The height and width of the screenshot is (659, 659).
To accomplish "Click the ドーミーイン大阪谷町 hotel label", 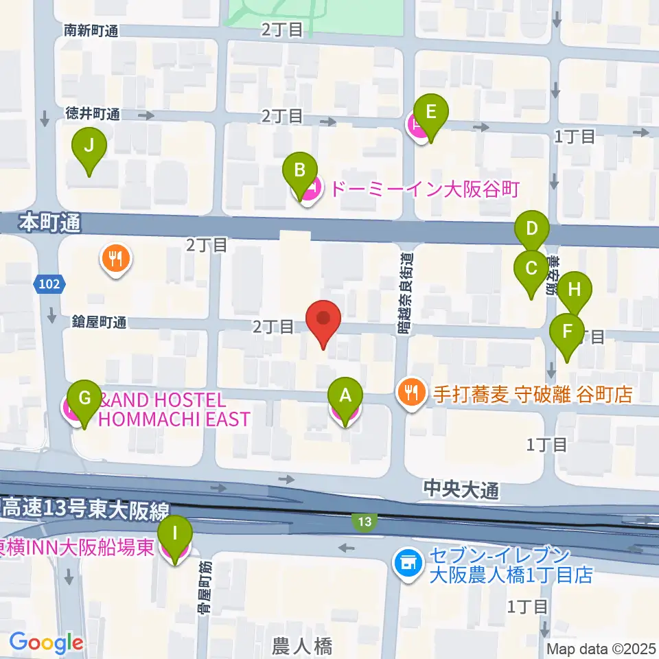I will [424, 188].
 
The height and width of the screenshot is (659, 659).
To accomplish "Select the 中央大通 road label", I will [457, 489].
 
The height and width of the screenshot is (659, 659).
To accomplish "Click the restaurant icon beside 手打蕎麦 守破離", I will [411, 393].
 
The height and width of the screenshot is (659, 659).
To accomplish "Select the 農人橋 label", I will [302, 646].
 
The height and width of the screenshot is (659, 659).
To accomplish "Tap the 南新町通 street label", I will [92, 30].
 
